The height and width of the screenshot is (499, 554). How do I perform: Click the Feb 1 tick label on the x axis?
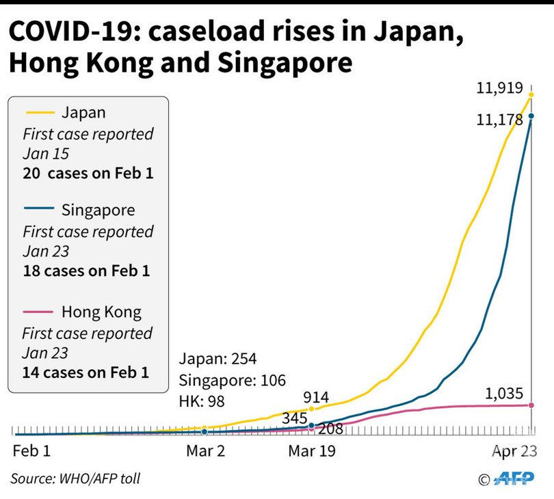[x=32, y=452]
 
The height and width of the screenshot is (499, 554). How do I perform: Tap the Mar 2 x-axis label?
[x=206, y=452]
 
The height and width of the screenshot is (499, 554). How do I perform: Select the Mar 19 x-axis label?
[x=312, y=452]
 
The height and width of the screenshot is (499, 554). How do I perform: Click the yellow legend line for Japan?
[x=39, y=112]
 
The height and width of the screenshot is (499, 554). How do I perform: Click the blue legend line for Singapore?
[x=39, y=210]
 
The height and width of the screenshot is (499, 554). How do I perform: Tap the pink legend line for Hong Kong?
[x=39, y=312]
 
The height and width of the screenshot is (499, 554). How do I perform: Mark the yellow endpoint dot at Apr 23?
[x=531, y=94]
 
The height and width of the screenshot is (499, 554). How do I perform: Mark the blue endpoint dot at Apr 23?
[x=531, y=116]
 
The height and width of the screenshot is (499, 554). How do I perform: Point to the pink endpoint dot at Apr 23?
[x=531, y=405]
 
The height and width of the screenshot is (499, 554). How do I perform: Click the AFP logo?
[x=513, y=478]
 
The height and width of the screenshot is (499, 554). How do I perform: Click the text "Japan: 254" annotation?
[x=217, y=360]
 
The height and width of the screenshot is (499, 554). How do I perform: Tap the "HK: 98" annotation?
[x=202, y=401]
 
